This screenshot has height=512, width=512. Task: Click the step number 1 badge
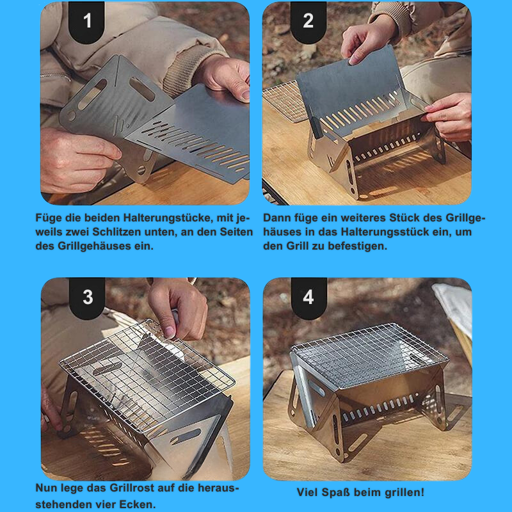86,22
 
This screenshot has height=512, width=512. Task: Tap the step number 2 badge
308,22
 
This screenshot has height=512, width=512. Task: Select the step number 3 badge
87,298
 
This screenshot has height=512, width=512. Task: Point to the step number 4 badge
308,298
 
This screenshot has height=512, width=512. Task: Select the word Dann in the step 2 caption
276,218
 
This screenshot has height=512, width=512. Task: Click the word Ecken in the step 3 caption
137,504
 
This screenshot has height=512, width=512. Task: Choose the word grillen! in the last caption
404,492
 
